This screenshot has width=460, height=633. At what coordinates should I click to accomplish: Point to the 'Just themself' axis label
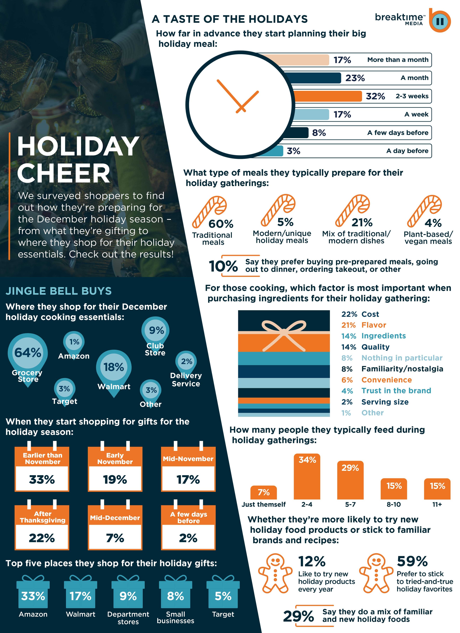(263, 504)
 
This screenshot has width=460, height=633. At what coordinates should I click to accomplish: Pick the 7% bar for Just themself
(263, 492)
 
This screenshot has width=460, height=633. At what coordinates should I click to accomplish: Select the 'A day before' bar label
(407, 151)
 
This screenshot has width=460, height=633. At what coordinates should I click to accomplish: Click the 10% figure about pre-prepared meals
(223, 266)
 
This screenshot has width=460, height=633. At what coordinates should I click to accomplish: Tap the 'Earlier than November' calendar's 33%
(42, 479)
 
